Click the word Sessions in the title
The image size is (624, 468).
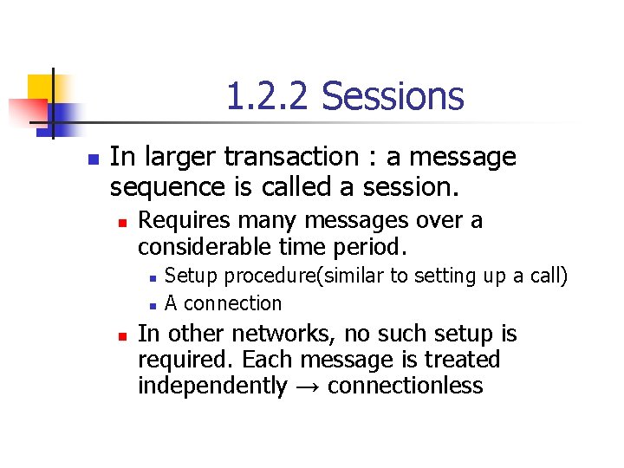(x=393, y=96)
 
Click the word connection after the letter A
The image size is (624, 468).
(x=233, y=303)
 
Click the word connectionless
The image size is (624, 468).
(x=406, y=386)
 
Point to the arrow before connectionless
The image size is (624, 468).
(x=308, y=387)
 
